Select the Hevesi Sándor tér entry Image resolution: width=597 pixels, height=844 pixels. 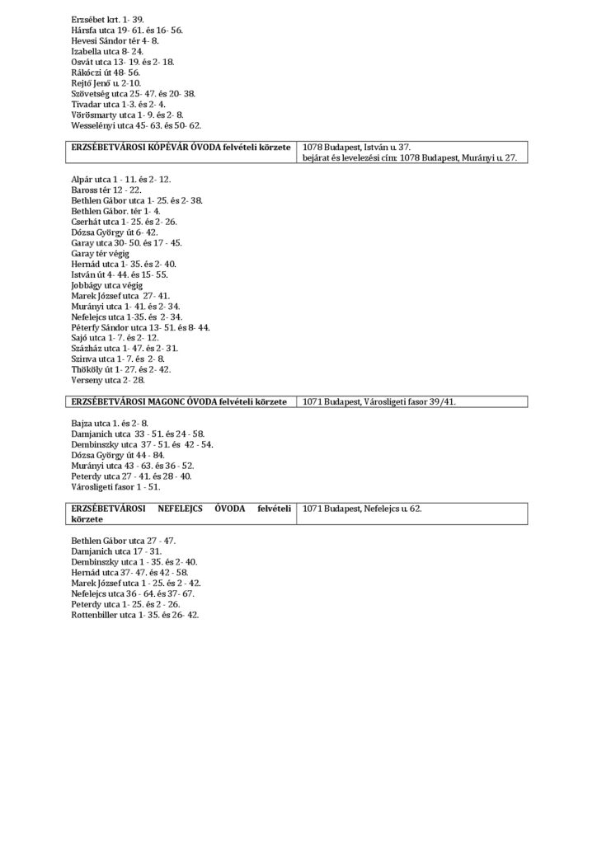[115, 40]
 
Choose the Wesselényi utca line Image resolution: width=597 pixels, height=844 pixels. [136, 125]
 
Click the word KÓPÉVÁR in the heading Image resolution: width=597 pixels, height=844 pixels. [170, 147]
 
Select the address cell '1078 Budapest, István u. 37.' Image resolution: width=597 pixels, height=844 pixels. [357, 147]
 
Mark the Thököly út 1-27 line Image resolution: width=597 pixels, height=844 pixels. [121, 370]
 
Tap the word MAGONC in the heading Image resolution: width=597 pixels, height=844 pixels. [172, 401]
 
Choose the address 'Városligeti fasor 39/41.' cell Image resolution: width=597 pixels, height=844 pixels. [379, 401]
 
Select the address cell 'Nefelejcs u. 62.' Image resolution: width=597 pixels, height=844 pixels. [363, 509]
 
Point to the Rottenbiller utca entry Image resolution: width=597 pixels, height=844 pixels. [135, 615]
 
